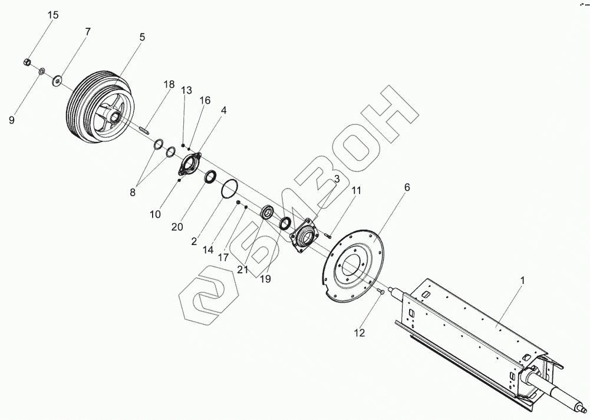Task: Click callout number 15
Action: [x=53, y=15]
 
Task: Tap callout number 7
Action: [x=88, y=32]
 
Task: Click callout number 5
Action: [x=142, y=37]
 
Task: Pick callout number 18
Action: [x=169, y=84]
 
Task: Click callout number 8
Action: [x=133, y=191]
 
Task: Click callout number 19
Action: [x=266, y=279]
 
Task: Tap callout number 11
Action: [x=356, y=191]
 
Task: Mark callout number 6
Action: [x=406, y=188]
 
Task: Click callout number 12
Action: [x=359, y=333]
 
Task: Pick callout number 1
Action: [x=521, y=281]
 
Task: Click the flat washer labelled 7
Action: [x=58, y=80]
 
